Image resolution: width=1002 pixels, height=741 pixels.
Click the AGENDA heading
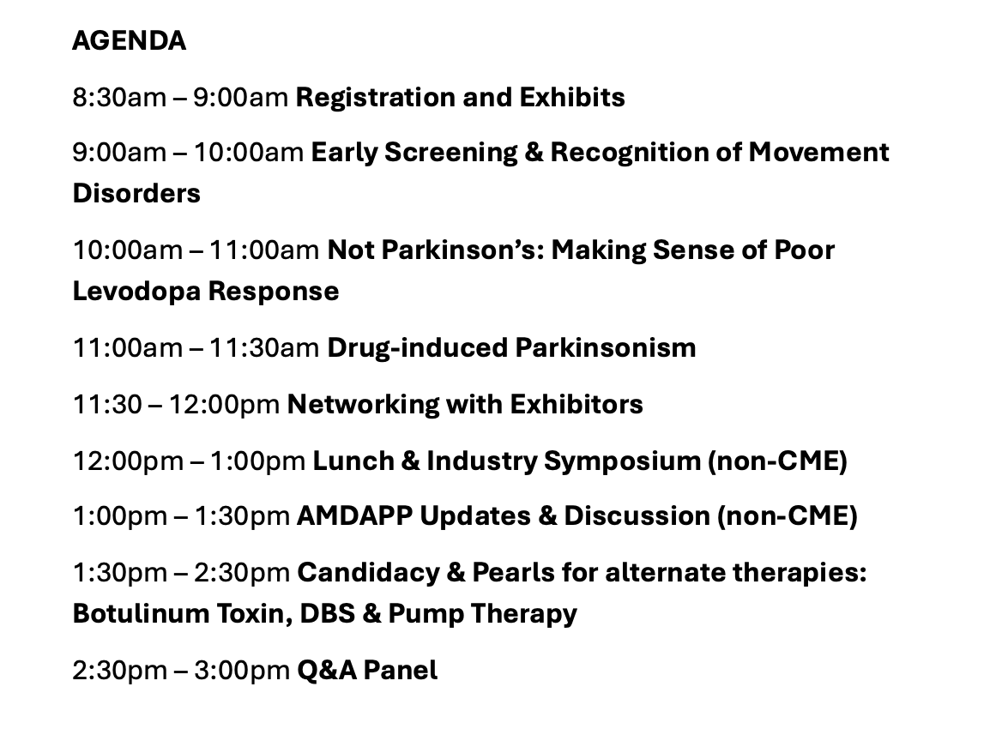[x=129, y=41]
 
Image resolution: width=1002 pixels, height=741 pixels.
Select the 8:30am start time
[x=119, y=97]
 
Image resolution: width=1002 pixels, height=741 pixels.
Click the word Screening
[x=450, y=154]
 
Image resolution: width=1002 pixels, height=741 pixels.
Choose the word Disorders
[x=136, y=194]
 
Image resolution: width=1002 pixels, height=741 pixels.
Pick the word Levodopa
[x=136, y=292]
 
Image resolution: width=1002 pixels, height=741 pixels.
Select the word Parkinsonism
[x=605, y=348]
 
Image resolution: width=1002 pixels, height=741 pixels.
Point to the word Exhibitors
[x=576, y=404]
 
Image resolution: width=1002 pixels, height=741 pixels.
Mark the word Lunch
[x=353, y=461]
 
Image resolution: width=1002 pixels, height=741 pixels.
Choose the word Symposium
[x=623, y=462]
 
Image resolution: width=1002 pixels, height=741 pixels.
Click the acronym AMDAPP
[x=354, y=516]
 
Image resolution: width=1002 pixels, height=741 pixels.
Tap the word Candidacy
[x=369, y=574]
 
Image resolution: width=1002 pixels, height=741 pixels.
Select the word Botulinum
[x=141, y=614]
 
